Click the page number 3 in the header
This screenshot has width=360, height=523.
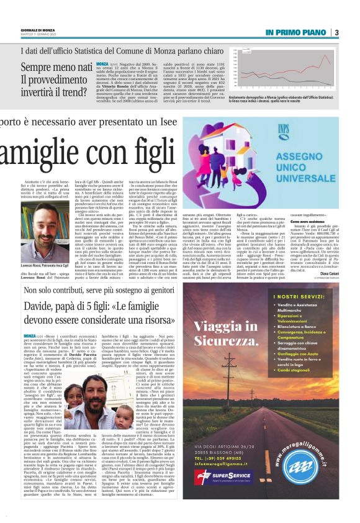[336, 32]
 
